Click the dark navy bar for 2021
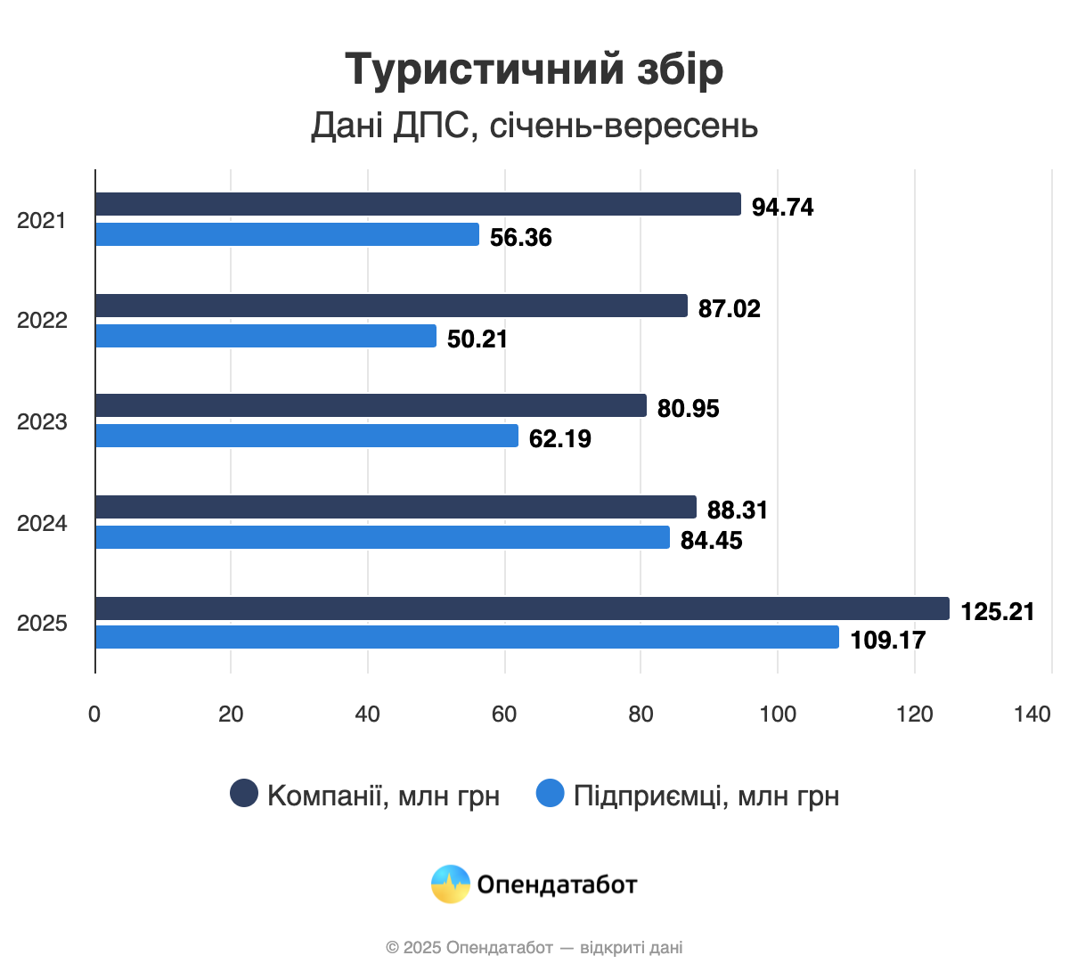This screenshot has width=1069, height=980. coord(418,204)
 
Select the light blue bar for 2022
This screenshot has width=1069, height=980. coord(265,336)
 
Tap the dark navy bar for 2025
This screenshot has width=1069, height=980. coord(522,608)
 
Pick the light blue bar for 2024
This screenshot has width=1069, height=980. coord(382,537)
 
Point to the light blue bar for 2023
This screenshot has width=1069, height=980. coord(306,436)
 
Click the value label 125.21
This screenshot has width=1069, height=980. coord(998,611)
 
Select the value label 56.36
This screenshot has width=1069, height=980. coord(521,237)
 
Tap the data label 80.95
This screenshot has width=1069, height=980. coord(689,408)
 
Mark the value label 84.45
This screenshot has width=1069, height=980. coord(712,540)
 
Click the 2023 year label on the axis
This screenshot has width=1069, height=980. coord(42,421)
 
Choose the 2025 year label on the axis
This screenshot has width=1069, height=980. coord(42,623)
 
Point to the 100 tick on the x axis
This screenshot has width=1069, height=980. coord(778,714)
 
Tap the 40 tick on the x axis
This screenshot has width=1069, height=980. coord(367,714)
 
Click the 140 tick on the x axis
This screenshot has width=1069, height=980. coord(1032,714)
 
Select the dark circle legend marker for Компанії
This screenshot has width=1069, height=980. coord(244,793)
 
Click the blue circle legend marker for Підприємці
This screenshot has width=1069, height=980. coord(551,793)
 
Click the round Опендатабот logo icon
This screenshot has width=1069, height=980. coord(451,884)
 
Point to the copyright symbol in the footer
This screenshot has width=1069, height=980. coord(392,948)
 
